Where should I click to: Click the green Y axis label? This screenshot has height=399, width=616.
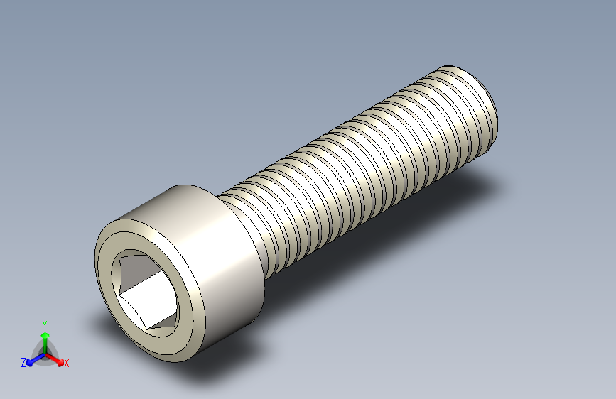pos(45,325)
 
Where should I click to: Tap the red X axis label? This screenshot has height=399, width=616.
pos(66,363)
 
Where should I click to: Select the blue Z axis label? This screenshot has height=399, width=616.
pos(23,363)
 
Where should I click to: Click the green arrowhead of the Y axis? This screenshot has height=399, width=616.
pos(45,335)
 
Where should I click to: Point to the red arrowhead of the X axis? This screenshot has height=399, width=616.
pos(60,362)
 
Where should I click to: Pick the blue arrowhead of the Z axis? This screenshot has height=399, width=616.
pos(30,363)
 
